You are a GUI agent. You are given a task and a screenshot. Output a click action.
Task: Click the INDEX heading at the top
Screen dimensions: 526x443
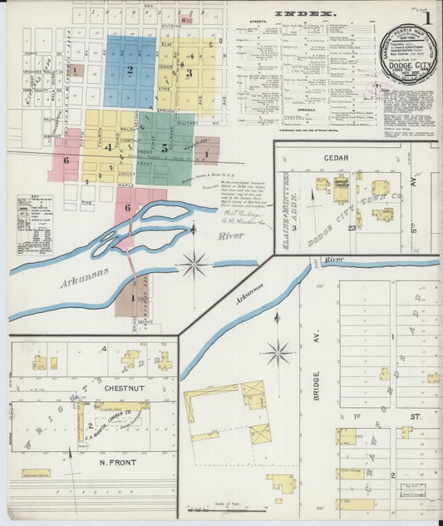point(307,14)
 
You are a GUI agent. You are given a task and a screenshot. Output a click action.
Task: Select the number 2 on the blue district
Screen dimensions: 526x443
point(130,70)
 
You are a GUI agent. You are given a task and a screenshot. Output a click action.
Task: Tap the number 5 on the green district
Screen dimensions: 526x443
point(165,147)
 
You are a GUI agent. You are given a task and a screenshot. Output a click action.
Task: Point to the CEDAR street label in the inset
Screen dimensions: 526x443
point(337,158)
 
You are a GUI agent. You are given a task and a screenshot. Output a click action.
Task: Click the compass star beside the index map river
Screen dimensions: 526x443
point(194,265)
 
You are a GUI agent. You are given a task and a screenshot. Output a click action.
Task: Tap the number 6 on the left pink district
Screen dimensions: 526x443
point(65,159)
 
